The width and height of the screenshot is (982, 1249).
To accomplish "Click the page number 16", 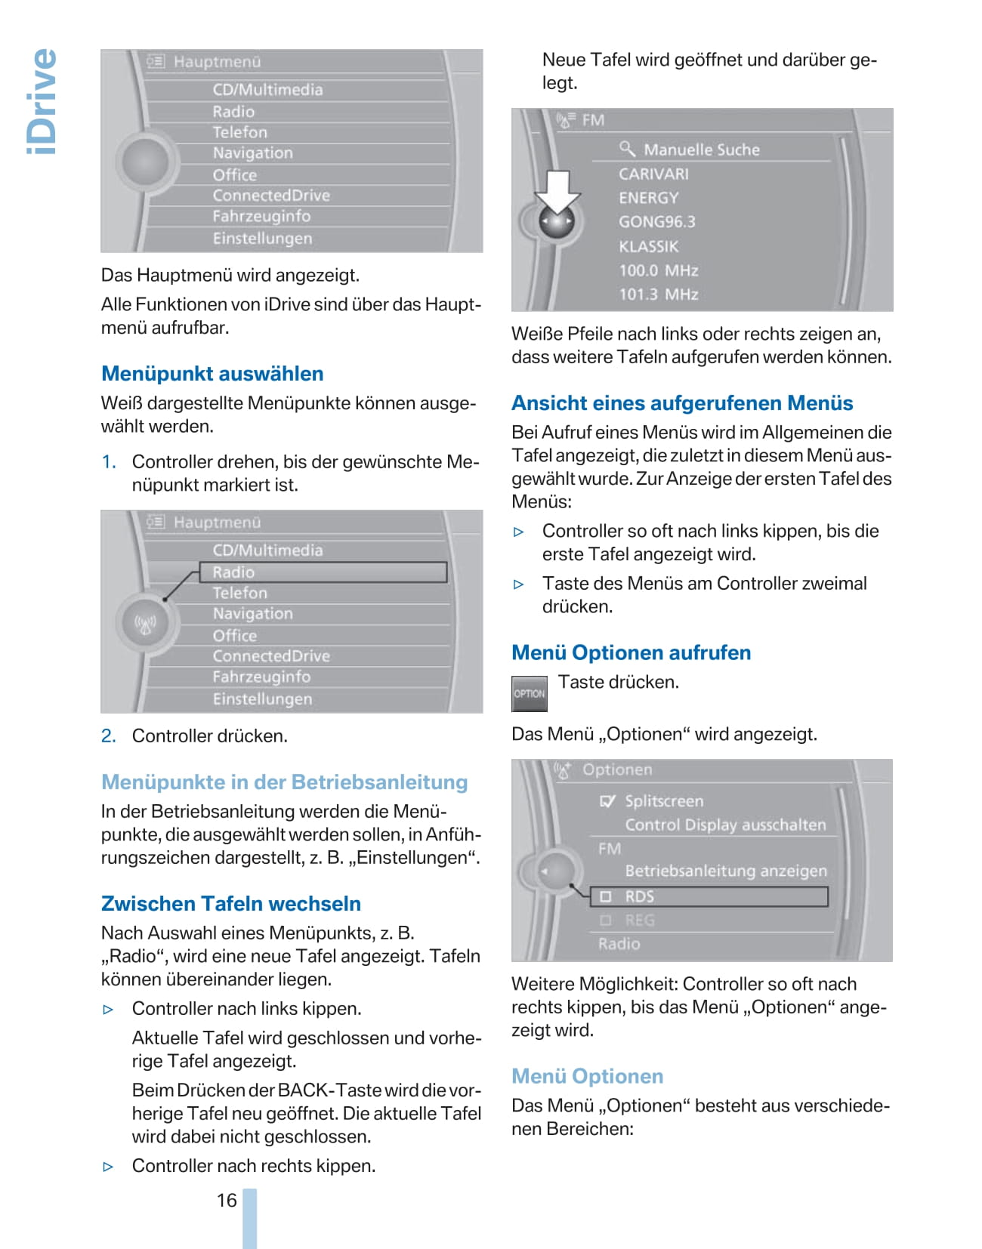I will tap(227, 1200).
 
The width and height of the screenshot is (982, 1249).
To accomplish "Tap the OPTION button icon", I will tap(530, 693).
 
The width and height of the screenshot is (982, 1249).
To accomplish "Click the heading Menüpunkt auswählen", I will tap(212, 374).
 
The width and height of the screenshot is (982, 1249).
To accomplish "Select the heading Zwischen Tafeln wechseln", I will tap(230, 904).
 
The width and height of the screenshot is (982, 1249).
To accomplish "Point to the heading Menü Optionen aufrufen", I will tap(631, 652).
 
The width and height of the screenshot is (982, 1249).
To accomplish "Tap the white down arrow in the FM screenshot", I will tap(557, 191).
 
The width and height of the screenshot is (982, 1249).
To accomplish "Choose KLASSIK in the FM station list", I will tap(649, 246).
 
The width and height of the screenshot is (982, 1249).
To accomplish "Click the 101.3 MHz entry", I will tap(659, 295).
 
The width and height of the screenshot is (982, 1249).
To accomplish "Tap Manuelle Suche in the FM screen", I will tap(701, 150).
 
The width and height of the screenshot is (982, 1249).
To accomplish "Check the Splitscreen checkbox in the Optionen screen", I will tap(607, 801).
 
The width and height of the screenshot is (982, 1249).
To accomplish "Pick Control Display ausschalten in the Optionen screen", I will tap(725, 825).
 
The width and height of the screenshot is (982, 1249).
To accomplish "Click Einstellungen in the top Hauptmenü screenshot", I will tap(262, 239).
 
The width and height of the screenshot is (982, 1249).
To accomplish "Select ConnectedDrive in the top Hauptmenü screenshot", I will tap(271, 196).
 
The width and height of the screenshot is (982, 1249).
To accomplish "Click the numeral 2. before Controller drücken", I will tap(109, 736).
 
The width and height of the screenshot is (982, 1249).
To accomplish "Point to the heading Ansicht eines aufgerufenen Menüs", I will tap(682, 403).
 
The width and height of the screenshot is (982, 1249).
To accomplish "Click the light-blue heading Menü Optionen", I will tap(587, 1076).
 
